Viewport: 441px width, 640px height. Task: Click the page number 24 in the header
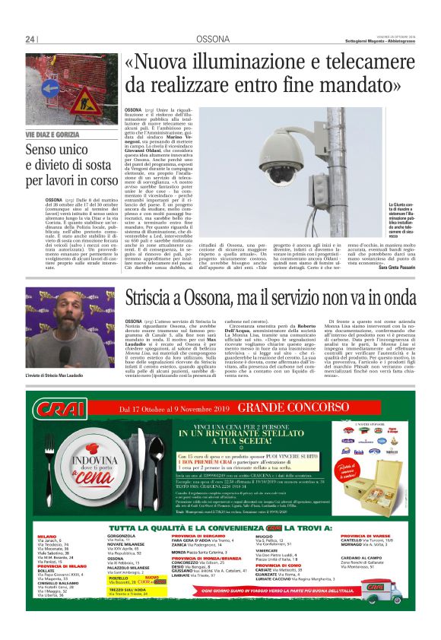pyautogui.click(x=30, y=40)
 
